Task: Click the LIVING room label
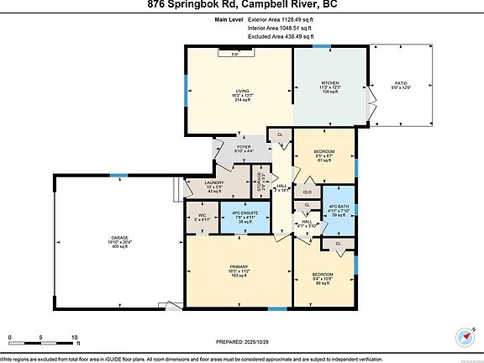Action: [x=242, y=91]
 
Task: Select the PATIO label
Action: [x=400, y=82]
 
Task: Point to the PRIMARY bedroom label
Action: [x=239, y=266]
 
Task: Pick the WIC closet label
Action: [x=202, y=215]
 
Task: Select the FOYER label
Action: [x=244, y=147]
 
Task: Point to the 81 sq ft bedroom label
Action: [x=324, y=151]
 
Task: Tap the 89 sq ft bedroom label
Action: [x=324, y=275]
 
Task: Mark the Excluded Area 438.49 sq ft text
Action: [x=281, y=36]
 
